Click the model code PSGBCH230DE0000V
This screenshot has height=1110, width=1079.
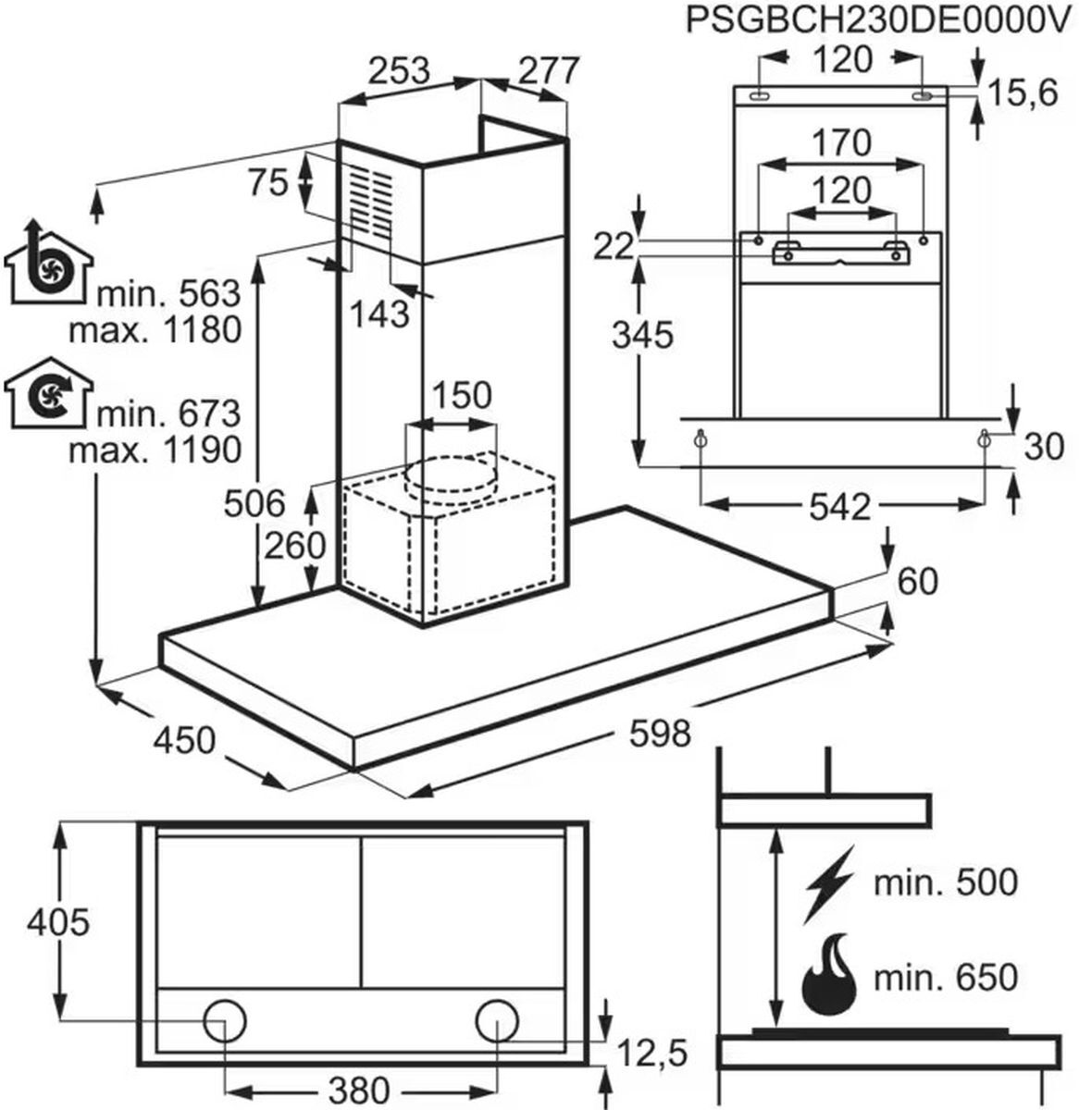click(x=877, y=21)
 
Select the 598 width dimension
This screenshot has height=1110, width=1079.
click(x=660, y=734)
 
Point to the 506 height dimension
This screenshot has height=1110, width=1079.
click(x=254, y=504)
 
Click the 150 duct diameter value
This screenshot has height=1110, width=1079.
click(x=461, y=396)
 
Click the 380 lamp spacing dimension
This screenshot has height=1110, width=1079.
click(x=359, y=1089)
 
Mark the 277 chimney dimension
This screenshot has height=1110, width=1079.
click(x=548, y=71)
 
